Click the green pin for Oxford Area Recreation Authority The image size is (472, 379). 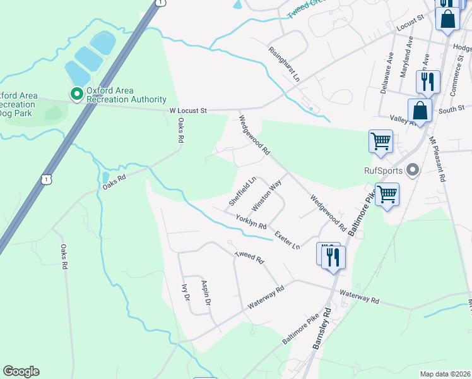point(77,95)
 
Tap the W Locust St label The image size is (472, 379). point(188,111)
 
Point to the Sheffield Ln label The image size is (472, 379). point(242,190)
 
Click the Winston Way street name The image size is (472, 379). point(266,196)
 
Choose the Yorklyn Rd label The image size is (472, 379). point(251,222)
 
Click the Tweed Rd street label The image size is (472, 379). point(249,257)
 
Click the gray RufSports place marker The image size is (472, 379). point(413,169)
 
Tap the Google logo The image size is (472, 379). point(21,371)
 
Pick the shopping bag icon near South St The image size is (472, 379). point(420,111)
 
